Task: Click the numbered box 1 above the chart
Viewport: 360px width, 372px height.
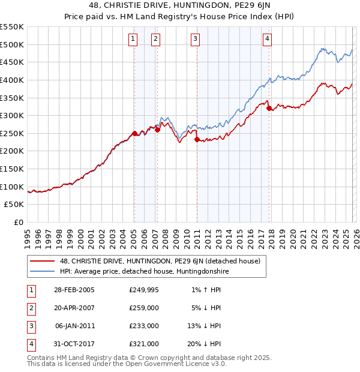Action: click(x=133, y=40)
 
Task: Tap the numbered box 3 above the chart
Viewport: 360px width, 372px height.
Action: click(x=196, y=40)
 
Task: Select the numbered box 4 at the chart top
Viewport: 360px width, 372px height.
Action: click(x=267, y=40)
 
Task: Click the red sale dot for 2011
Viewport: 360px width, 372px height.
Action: click(x=197, y=139)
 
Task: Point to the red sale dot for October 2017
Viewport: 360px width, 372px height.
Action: click(x=269, y=108)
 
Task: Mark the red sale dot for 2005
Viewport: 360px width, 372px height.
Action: click(x=134, y=133)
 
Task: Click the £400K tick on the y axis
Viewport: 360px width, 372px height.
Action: click(x=12, y=80)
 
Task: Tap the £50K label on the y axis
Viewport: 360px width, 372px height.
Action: click(x=14, y=205)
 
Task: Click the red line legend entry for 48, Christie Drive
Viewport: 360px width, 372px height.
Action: click(x=159, y=261)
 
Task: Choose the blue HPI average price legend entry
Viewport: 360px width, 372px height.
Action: click(x=144, y=271)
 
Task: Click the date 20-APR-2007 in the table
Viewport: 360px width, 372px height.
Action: click(x=74, y=307)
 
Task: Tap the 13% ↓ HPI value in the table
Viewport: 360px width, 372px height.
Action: click(x=203, y=326)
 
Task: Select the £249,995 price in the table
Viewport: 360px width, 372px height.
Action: click(x=143, y=289)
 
